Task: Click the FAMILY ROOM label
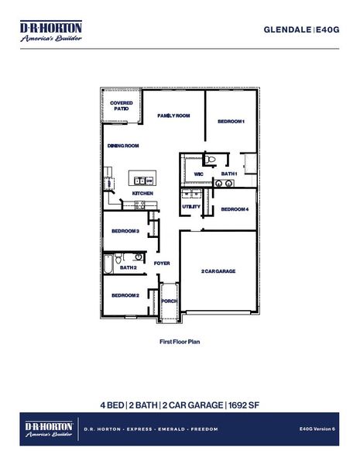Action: tap(173, 115)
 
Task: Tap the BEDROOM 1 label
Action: tap(231, 122)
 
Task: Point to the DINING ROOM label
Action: tap(122, 146)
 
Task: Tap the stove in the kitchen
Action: tap(141, 205)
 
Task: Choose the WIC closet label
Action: tap(198, 174)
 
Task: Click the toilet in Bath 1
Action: tap(210, 160)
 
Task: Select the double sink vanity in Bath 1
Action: tap(224, 184)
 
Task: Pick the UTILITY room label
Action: tap(191, 207)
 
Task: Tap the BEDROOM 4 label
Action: tap(235, 210)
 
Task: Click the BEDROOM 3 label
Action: tap(125, 231)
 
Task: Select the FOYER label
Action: tap(162, 263)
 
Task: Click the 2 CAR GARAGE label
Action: tap(218, 271)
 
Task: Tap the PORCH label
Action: tap(169, 301)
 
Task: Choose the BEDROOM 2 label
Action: tap(125, 295)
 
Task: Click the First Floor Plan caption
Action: tap(179, 340)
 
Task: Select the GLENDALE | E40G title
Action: tap(305, 29)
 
